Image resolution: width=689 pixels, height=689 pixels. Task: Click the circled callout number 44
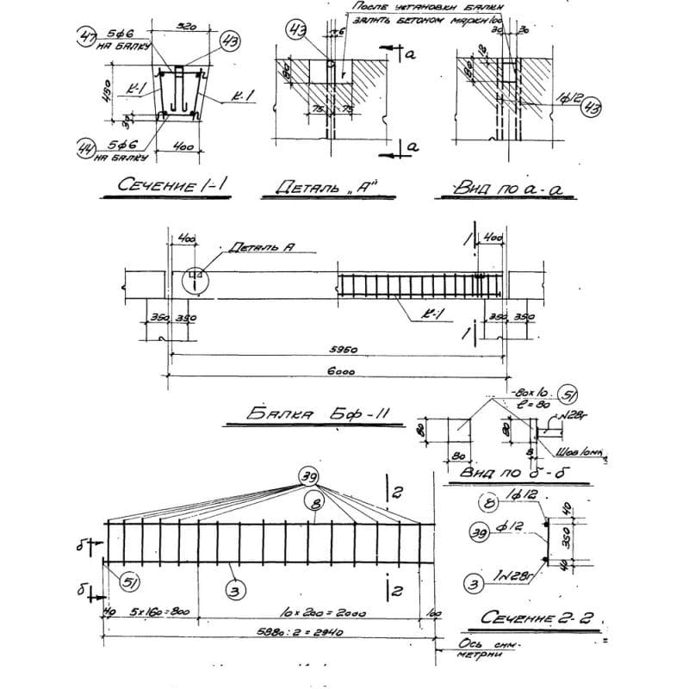[85, 149]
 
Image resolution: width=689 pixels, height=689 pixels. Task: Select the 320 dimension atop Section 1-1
[183, 27]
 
